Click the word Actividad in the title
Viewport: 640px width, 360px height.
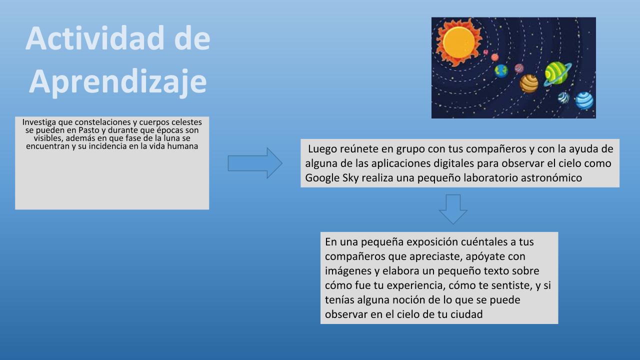95,38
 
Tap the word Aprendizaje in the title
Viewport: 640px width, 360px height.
117,82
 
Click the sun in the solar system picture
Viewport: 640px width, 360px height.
459,42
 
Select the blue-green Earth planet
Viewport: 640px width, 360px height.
501,71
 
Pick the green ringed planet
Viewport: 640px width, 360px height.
557,73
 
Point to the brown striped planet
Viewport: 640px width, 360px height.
528,83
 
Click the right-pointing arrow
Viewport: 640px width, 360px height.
255,163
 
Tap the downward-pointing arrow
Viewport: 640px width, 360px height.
453,209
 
